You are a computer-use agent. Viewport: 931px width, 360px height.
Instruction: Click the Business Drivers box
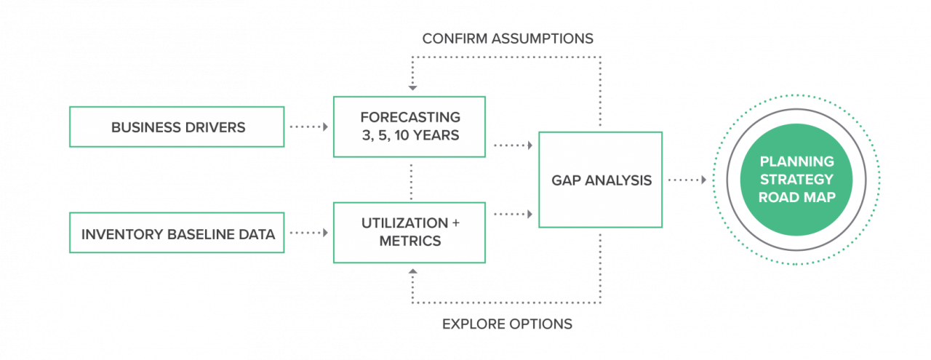(177, 127)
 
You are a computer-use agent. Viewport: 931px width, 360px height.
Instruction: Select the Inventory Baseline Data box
(177, 233)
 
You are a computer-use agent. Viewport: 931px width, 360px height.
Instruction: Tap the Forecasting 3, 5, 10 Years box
(409, 127)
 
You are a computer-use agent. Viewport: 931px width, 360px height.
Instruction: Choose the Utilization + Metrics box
(409, 233)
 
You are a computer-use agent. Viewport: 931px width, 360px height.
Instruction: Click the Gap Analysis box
(601, 180)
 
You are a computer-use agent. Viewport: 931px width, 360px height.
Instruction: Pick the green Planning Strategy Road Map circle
(796, 180)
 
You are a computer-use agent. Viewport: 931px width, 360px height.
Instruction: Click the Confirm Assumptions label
(508, 39)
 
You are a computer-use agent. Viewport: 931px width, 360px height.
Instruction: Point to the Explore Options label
(507, 324)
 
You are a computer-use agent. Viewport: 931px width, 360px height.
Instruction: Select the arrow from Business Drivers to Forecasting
(309, 127)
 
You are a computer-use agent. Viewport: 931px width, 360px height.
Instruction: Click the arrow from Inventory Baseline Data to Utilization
(309, 233)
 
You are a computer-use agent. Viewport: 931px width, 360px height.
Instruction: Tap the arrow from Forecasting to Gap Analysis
(514, 145)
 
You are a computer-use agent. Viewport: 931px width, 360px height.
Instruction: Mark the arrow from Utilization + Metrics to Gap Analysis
(514, 214)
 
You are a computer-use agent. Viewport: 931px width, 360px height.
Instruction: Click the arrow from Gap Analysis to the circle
(687, 180)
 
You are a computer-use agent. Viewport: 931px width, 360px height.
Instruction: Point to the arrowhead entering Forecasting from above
(412, 88)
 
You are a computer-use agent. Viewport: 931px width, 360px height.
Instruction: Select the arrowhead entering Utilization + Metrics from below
(412, 271)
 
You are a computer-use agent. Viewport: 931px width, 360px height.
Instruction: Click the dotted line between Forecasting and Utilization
(411, 182)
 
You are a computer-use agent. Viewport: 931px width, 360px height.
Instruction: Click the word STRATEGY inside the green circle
(796, 179)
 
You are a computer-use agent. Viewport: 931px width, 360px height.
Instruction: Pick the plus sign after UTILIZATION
(455, 223)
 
